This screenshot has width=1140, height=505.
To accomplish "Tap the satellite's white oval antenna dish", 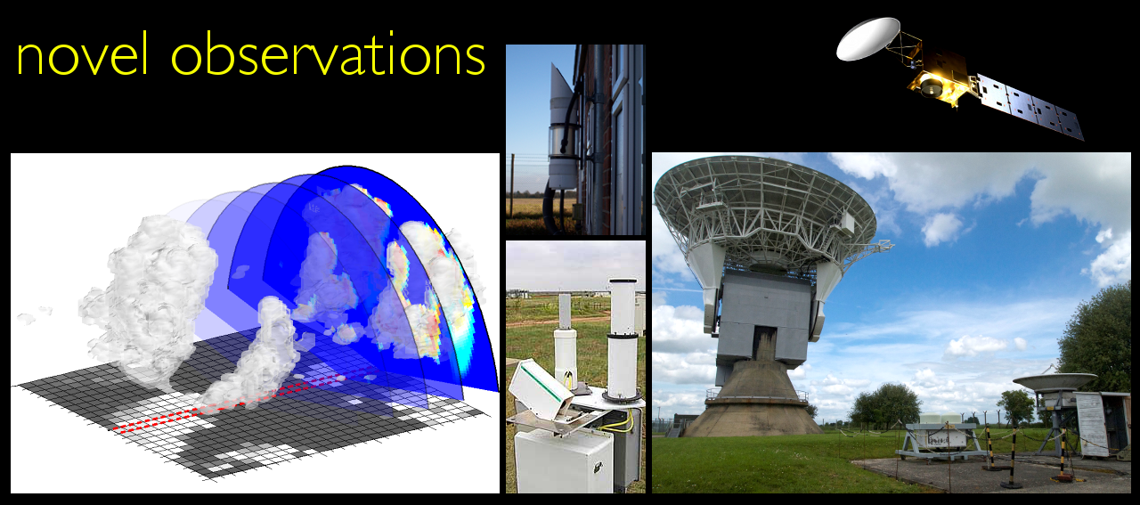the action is click(867, 38).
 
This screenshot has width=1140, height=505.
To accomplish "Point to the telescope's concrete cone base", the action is click(753, 400).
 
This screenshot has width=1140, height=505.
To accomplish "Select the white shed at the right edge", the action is click(1102, 424).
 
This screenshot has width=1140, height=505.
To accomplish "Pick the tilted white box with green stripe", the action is click(541, 388).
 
